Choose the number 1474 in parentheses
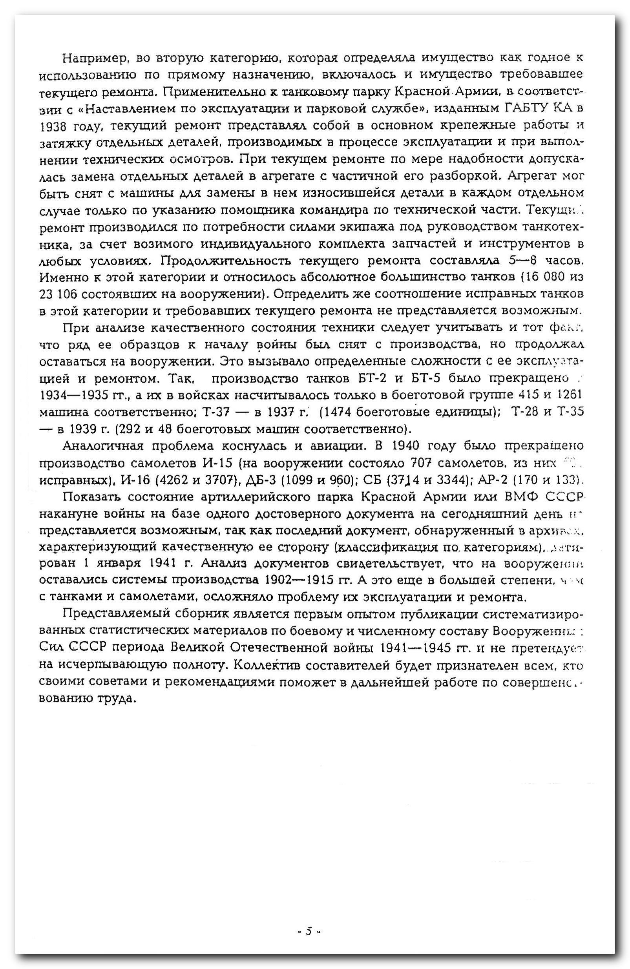(338, 412)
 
